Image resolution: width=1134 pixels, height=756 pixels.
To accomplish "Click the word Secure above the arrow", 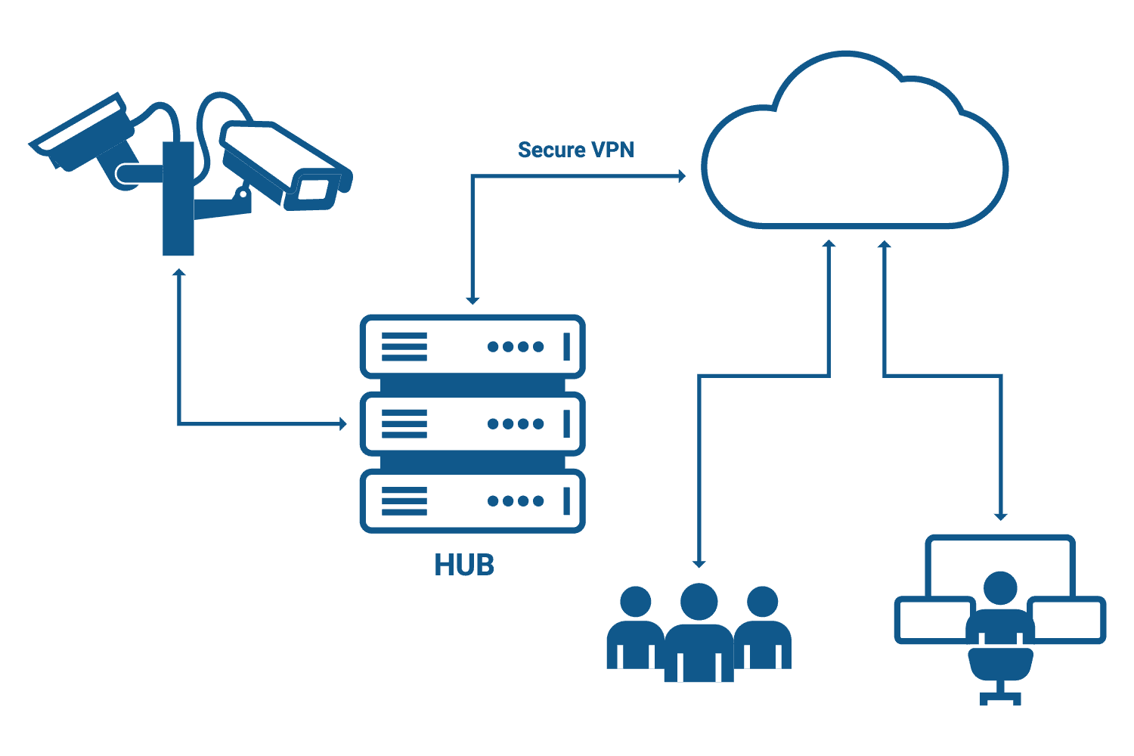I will click(x=551, y=150).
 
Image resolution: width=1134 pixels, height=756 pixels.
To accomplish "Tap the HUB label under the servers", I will click(x=464, y=565).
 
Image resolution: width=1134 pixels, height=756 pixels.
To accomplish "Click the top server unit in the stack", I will click(x=472, y=347).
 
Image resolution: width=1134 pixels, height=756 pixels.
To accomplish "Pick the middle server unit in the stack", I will click(x=472, y=424).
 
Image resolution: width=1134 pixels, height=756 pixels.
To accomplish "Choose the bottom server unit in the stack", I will click(x=472, y=501).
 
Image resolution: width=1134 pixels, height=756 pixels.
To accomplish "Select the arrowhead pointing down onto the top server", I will click(x=472, y=300).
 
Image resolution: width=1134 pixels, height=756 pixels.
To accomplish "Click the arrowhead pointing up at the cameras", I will click(x=179, y=272).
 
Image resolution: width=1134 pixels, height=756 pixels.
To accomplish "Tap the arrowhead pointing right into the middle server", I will click(x=343, y=424).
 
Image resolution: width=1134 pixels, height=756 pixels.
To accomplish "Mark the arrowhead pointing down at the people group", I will click(x=699, y=563).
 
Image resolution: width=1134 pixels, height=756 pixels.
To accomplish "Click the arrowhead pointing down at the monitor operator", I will click(x=1001, y=516).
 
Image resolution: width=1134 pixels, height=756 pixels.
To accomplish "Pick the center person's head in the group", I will click(x=699, y=601).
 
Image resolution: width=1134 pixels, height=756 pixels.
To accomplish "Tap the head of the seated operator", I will click(x=1000, y=587).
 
